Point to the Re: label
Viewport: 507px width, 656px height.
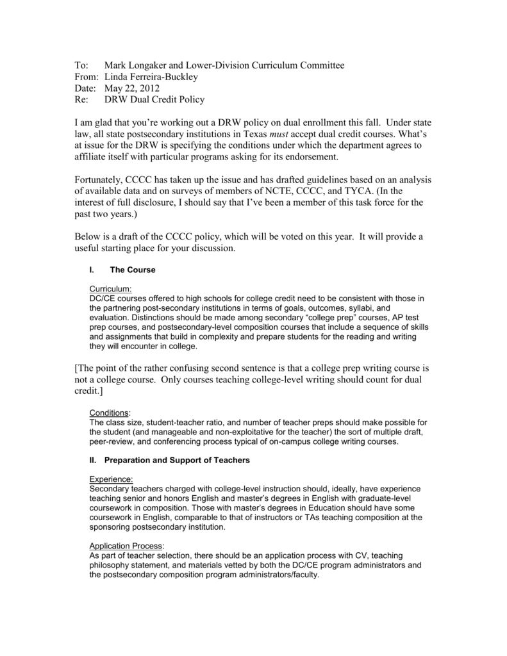point(82,100)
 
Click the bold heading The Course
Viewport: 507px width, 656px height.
point(133,270)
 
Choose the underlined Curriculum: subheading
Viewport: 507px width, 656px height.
point(110,289)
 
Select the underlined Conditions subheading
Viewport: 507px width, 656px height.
point(109,413)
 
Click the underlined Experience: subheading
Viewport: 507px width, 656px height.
point(112,479)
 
